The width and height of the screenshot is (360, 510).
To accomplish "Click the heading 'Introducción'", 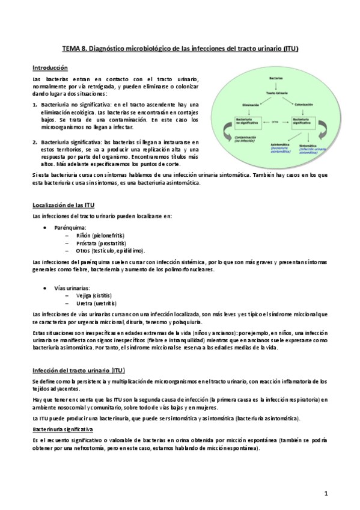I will click(50, 68).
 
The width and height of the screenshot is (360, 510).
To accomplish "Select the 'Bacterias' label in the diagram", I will click(275, 78).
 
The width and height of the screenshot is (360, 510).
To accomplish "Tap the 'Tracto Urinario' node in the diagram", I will click(275, 93).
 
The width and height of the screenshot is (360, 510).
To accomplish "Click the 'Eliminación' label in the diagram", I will click(250, 105).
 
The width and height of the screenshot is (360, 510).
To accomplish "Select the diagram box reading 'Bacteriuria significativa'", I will click(304, 121).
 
